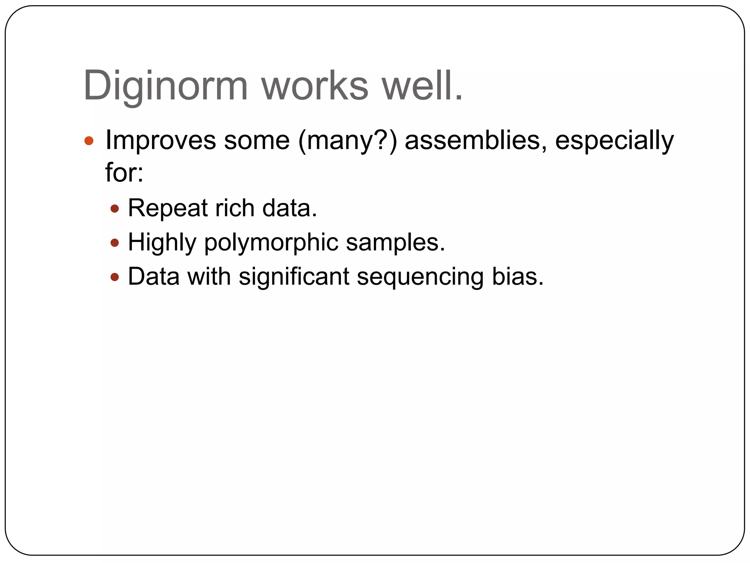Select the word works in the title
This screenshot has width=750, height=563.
315,86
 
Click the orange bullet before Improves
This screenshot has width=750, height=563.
89,141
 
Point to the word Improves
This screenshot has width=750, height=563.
160,141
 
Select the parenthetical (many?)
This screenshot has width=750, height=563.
348,141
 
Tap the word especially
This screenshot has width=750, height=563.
614,141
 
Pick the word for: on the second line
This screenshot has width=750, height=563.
124,172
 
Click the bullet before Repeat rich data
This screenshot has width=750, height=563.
115,209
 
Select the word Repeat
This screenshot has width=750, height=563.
168,209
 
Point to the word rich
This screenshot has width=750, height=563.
235,208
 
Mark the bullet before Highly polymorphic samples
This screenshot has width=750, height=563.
115,243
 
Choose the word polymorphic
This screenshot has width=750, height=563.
271,243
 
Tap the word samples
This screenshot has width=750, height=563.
395,243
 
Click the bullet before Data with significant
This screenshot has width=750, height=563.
115,277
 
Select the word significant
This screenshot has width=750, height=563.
294,277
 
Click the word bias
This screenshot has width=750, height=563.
517,277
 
